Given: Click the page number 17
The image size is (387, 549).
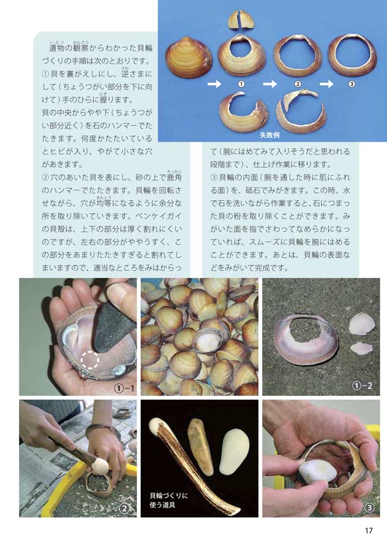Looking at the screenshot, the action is point(369,530).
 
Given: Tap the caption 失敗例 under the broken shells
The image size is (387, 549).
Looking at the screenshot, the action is point(269,135).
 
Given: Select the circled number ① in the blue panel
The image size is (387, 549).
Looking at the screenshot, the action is point(241,84).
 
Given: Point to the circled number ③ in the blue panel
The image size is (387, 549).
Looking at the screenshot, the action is point(352,84).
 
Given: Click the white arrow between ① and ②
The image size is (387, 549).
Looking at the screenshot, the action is point(269,84).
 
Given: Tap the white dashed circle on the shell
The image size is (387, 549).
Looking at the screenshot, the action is point(90,360).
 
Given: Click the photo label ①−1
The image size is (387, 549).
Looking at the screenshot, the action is point(124,388).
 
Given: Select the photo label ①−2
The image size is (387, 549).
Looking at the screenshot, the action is point(362,386).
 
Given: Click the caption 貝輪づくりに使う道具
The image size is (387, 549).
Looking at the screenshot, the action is point(168,500).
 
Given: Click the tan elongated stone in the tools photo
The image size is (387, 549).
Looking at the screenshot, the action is point(200,446).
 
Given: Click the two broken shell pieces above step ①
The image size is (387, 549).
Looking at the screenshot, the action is point(241,20).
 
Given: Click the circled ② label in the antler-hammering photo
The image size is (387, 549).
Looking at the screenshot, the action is point(124,509).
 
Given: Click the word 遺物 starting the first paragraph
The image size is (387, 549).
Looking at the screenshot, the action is point(58,48).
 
